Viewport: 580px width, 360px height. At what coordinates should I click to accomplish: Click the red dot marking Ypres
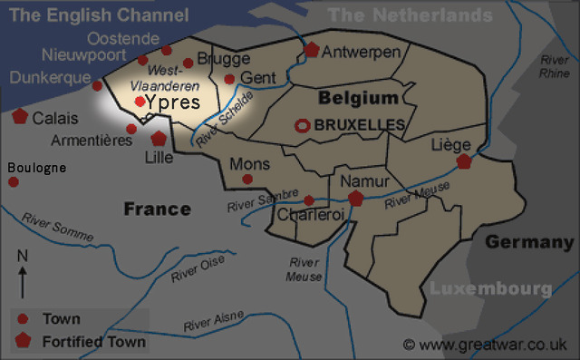(140, 102)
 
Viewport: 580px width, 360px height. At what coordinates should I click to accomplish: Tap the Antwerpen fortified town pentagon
(313, 51)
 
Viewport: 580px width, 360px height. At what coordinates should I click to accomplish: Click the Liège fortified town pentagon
(464, 162)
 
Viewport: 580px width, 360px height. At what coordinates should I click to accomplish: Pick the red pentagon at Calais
(20, 116)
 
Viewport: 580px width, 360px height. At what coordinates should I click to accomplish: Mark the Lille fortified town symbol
(159, 139)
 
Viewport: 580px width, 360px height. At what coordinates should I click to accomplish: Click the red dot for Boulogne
(14, 182)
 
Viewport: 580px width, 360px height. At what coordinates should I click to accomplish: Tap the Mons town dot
(247, 179)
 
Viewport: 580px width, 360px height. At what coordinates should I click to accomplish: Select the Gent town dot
(229, 79)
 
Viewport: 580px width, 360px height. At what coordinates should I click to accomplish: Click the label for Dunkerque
(51, 78)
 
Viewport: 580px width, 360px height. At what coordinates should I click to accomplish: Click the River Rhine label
(555, 66)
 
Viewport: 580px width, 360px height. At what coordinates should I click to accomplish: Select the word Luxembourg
(489, 288)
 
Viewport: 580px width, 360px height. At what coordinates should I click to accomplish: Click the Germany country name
(529, 242)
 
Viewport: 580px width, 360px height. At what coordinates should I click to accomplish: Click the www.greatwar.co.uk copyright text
(486, 345)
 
